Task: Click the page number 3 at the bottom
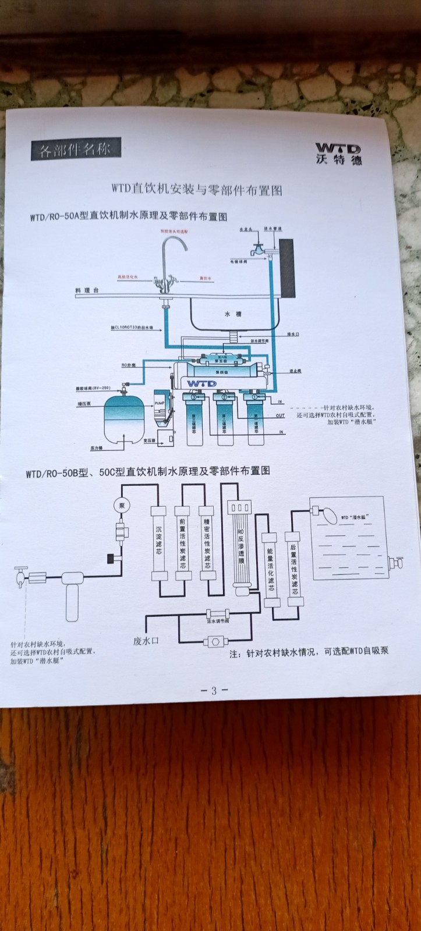[214, 691]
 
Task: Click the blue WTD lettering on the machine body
[202, 383]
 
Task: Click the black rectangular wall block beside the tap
[286, 267]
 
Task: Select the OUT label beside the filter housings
[280, 415]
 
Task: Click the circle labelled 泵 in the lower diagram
[122, 504]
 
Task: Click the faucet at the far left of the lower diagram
[21, 575]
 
